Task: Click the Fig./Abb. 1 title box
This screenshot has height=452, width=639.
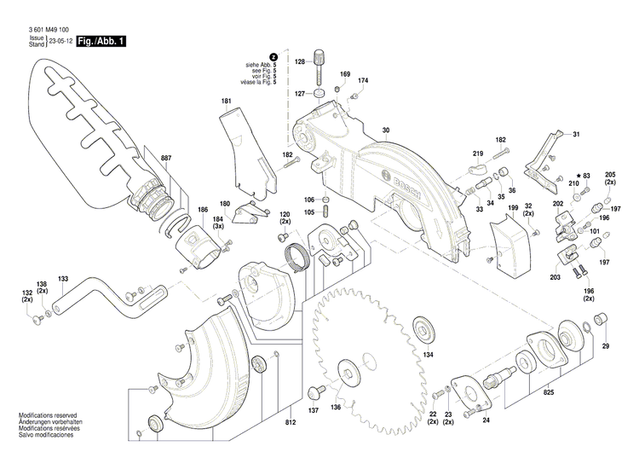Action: (x=101, y=41)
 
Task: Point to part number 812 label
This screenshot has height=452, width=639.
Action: (x=291, y=423)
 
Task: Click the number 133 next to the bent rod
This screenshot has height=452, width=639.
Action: (x=63, y=279)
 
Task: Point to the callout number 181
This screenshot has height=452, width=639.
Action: (x=226, y=101)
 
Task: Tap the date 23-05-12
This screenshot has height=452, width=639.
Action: (x=60, y=41)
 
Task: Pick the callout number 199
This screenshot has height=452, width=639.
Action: (x=512, y=208)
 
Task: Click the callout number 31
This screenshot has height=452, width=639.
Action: (x=576, y=135)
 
